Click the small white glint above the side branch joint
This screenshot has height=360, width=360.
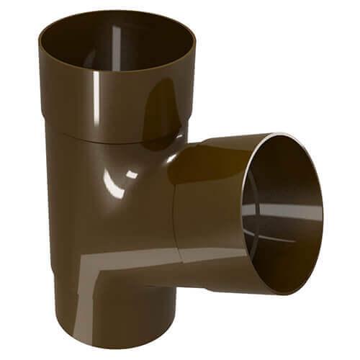(x=132, y=174)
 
